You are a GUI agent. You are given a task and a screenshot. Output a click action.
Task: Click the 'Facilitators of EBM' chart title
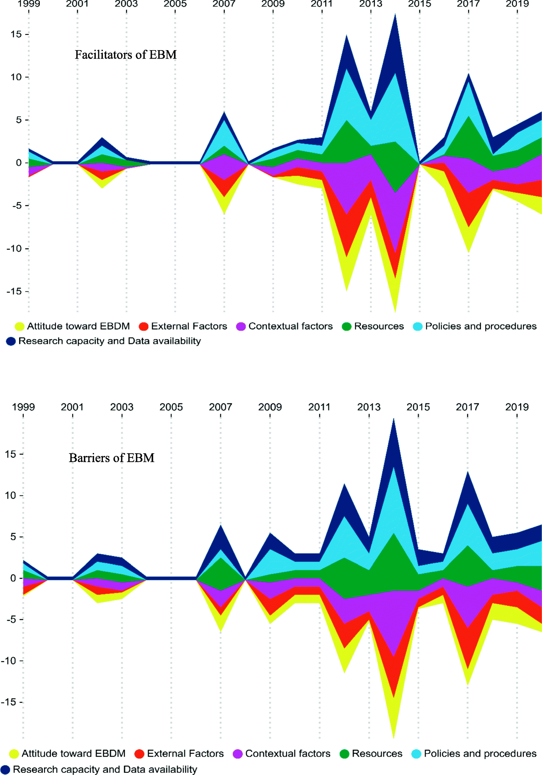click(125, 55)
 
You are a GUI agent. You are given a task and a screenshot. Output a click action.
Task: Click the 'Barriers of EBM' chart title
click(111, 458)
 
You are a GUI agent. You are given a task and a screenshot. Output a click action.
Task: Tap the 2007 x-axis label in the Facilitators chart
click(224, 4)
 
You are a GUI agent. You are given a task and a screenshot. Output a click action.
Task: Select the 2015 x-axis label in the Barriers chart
click(418, 407)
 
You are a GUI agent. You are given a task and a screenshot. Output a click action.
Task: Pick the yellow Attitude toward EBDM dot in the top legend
click(19, 326)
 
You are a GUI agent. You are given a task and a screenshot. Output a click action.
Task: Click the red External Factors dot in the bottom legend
click(140, 754)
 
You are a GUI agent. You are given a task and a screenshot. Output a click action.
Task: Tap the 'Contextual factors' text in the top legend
click(290, 326)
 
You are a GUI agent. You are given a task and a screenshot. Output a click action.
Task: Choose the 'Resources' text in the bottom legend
click(377, 754)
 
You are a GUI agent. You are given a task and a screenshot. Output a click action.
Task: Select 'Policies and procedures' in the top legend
click(481, 326)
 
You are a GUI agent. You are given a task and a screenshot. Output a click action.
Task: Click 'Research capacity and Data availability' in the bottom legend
click(105, 769)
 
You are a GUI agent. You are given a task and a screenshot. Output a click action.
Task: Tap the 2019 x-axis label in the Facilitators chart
click(517, 4)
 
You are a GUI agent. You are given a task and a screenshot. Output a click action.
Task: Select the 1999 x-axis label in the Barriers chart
click(23, 407)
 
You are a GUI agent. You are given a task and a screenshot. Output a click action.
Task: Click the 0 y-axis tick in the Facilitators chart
click(19, 163)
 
